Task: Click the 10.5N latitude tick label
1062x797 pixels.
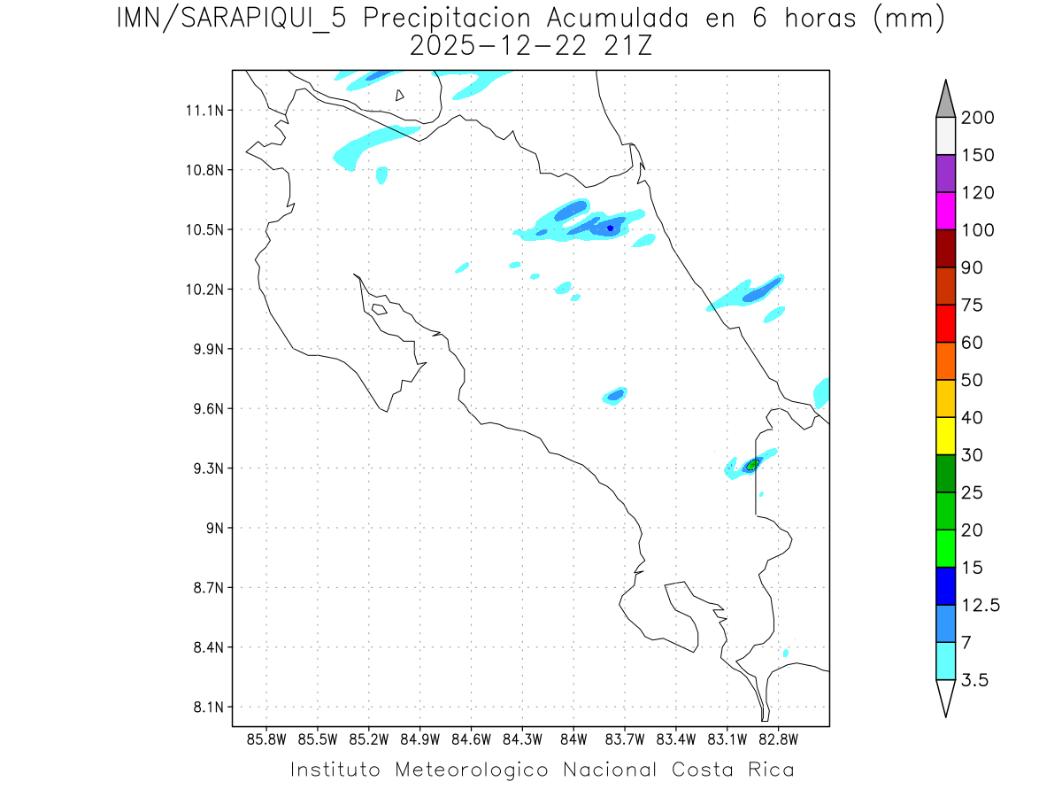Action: point(204,229)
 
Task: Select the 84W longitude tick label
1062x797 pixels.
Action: point(573,739)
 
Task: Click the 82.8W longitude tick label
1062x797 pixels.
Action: point(778,739)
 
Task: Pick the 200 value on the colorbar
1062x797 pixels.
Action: point(977,118)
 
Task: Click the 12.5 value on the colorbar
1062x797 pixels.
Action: point(980,605)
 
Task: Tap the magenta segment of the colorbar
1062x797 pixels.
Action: point(945,211)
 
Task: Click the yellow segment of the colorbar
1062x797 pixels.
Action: point(945,435)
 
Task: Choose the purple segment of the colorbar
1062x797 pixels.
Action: point(945,174)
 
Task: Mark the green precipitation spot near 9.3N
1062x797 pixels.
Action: point(752,464)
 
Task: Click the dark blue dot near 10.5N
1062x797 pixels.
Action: point(611,228)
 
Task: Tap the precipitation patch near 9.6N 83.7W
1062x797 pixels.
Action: point(615,394)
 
